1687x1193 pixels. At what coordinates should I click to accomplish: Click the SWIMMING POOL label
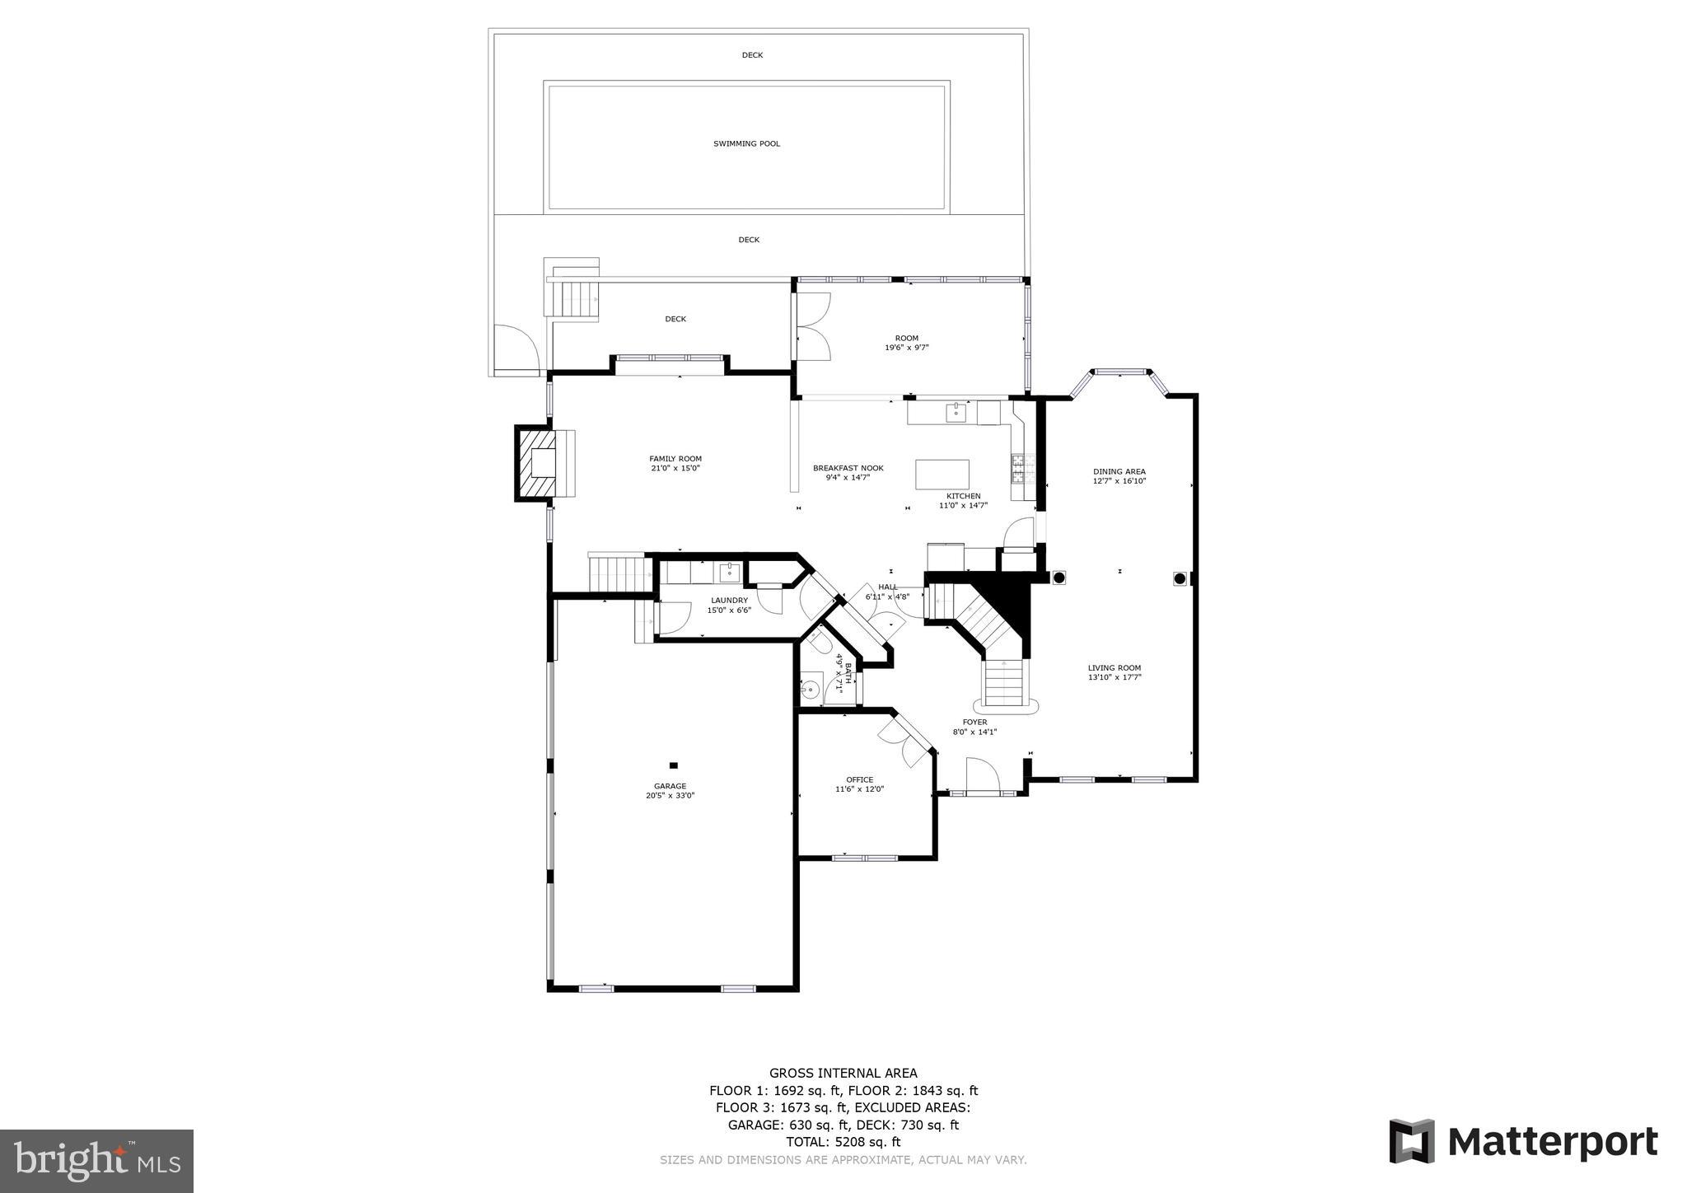[x=746, y=143]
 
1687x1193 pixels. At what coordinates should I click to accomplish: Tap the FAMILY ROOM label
[x=675, y=459]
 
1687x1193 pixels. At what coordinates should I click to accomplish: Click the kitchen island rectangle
[x=942, y=475]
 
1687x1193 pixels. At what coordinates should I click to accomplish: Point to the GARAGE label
[x=671, y=786]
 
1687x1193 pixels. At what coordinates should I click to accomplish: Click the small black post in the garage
[x=674, y=765]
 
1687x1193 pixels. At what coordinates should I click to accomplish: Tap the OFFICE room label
[x=859, y=779]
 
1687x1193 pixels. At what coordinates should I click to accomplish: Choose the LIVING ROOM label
[x=1115, y=668]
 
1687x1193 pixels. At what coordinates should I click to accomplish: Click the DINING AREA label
[x=1119, y=471]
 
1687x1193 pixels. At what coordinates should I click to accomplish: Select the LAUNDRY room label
[x=729, y=601]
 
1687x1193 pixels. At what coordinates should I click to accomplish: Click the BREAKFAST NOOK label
[x=848, y=468]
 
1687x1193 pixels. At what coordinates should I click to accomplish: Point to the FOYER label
[x=975, y=723]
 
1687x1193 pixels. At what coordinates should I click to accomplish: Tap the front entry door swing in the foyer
[x=983, y=775]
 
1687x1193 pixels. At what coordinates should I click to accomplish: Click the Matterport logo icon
[x=1412, y=1141]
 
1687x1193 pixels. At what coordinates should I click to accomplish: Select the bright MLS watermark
[x=97, y=1161]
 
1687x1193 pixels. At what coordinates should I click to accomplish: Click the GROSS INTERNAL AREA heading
[x=843, y=1073]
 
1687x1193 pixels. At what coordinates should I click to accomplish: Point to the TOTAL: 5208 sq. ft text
[x=843, y=1142]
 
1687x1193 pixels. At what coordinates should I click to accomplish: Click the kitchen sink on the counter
[x=956, y=411]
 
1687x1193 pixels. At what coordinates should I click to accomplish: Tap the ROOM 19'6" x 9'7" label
[x=906, y=343]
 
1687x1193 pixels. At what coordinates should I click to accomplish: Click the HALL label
[x=887, y=587]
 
